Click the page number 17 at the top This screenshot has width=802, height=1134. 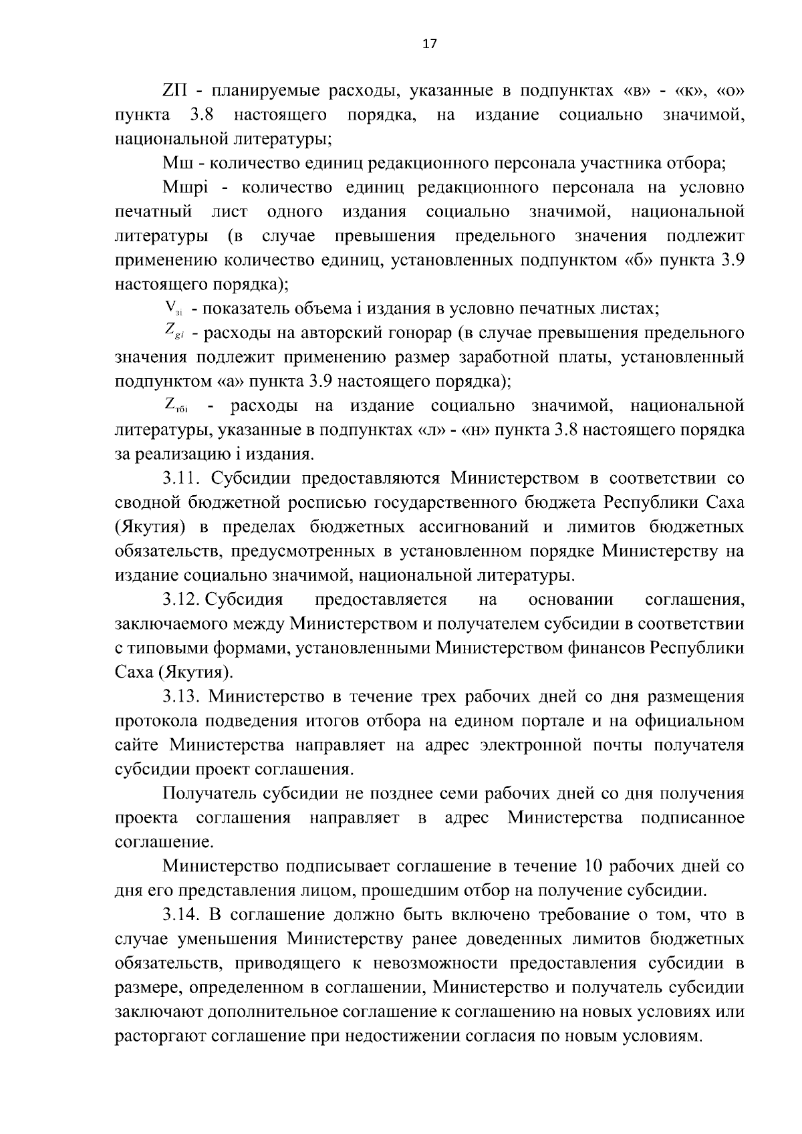click(x=429, y=44)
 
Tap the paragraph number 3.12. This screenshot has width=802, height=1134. click(x=182, y=599)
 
